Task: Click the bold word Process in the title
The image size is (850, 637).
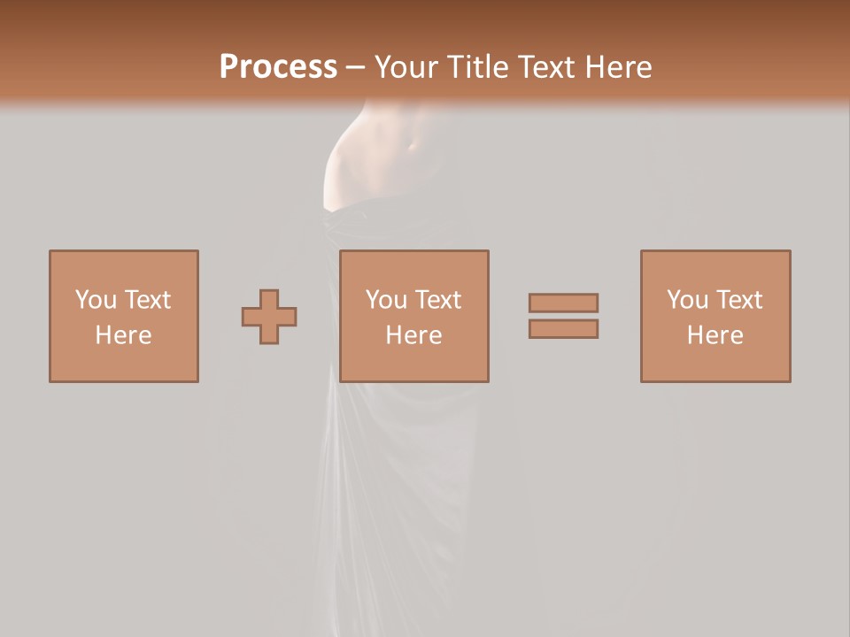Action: point(278,67)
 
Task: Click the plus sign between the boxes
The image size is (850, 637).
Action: point(269,316)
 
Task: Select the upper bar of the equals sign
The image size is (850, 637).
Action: point(563,303)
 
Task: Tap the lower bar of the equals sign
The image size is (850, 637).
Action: point(563,329)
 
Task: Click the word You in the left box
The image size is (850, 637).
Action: point(96,300)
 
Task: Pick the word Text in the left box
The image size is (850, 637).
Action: point(147,300)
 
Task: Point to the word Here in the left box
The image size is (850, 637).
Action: point(123,335)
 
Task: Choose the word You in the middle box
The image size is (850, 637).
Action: point(386,300)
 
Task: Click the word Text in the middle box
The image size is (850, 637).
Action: point(437,300)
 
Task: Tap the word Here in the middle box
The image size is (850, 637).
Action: point(413,335)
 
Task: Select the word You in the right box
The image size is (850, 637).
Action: point(687,300)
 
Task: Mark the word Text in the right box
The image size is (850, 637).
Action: point(738,300)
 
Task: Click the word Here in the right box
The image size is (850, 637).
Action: point(715,335)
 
